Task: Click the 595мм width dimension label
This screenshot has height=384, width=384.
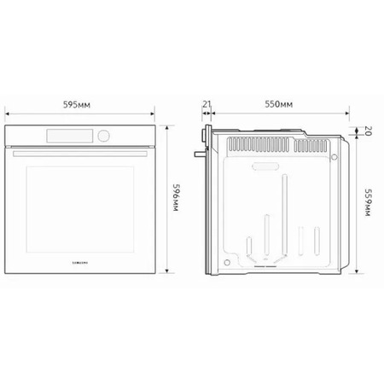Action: pos(77,105)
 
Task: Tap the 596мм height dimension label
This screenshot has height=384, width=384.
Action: pos(177,198)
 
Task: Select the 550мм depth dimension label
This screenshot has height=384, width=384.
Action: pos(279,104)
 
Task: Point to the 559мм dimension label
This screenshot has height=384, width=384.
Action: pos(369,202)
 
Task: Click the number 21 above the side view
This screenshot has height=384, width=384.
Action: pos(207,104)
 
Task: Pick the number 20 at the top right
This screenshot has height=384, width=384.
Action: pos(368,131)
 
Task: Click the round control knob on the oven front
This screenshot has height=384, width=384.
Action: pos(103,136)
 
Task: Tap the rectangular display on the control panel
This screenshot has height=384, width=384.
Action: pos(70,136)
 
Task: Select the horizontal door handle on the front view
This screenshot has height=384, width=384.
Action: pos(80,154)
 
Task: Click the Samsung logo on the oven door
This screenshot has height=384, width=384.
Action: pos(80,263)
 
